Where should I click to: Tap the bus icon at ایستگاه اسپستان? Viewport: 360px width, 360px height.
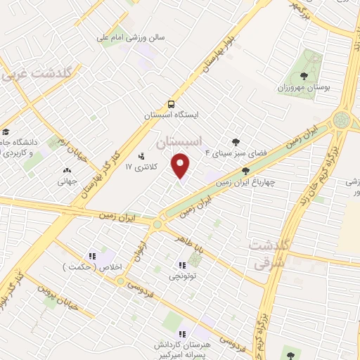pyautogui.click(x=172, y=101)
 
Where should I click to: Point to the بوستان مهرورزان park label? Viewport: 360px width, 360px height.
pyautogui.click(x=303, y=89)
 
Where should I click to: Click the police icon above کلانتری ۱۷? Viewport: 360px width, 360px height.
pyautogui.click(x=141, y=155)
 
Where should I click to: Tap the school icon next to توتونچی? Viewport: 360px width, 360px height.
pyautogui.click(x=182, y=265)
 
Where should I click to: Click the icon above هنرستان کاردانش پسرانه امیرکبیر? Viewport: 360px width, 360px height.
pyautogui.click(x=182, y=334)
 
